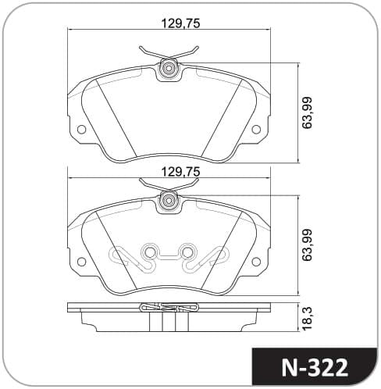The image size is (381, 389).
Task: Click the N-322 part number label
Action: (315, 368)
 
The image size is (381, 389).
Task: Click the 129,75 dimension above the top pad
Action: (181, 23)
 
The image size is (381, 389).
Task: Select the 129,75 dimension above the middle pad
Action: (181, 172)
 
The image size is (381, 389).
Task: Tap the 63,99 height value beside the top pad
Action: (307, 112)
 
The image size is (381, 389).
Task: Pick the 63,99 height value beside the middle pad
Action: (307, 244)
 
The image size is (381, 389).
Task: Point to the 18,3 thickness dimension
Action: (307, 319)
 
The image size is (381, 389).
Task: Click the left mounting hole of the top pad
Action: (81, 129)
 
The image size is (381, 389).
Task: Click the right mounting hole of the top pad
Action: (256, 129)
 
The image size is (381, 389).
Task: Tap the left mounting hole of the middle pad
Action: (81, 261)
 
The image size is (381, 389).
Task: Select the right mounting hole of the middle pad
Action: (256, 261)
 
